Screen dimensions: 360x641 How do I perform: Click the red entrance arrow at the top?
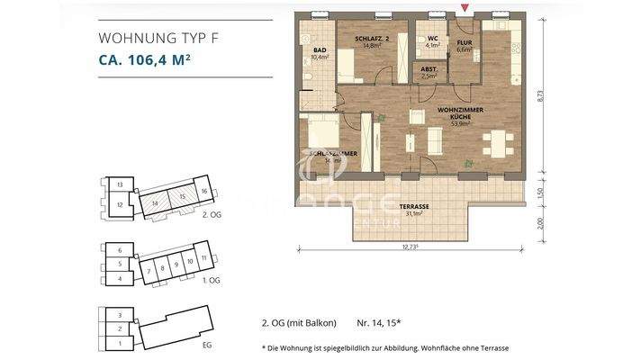[x=465, y=8]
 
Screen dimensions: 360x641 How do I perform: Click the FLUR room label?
[x=464, y=45]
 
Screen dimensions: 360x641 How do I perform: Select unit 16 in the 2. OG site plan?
[x=204, y=192]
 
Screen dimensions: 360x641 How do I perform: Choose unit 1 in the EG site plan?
[x=119, y=343]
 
